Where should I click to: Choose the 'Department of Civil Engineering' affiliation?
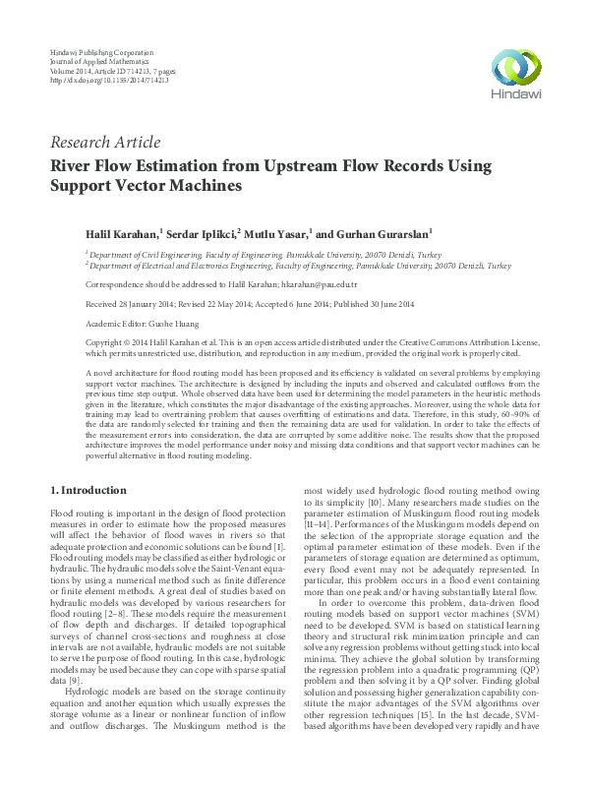pos(133,254)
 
